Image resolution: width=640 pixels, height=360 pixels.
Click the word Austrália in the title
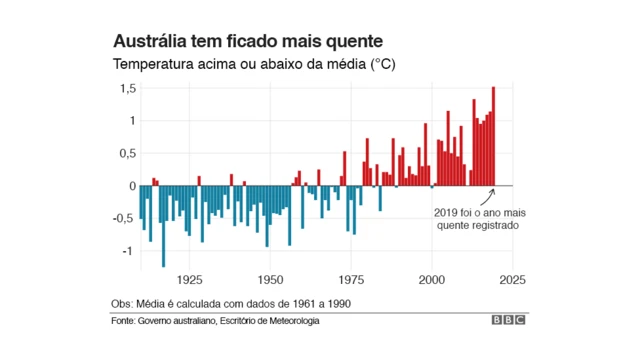pos(147,43)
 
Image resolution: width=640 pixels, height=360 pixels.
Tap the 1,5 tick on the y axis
pos(127,89)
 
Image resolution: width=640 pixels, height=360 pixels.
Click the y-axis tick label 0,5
pos(127,154)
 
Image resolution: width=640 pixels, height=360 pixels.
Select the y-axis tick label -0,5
pos(125,218)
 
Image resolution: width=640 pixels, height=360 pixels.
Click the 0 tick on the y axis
pos(132,186)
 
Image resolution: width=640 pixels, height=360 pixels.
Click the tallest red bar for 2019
pos(493,136)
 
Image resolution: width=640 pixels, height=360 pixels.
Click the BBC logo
pos(508,321)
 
